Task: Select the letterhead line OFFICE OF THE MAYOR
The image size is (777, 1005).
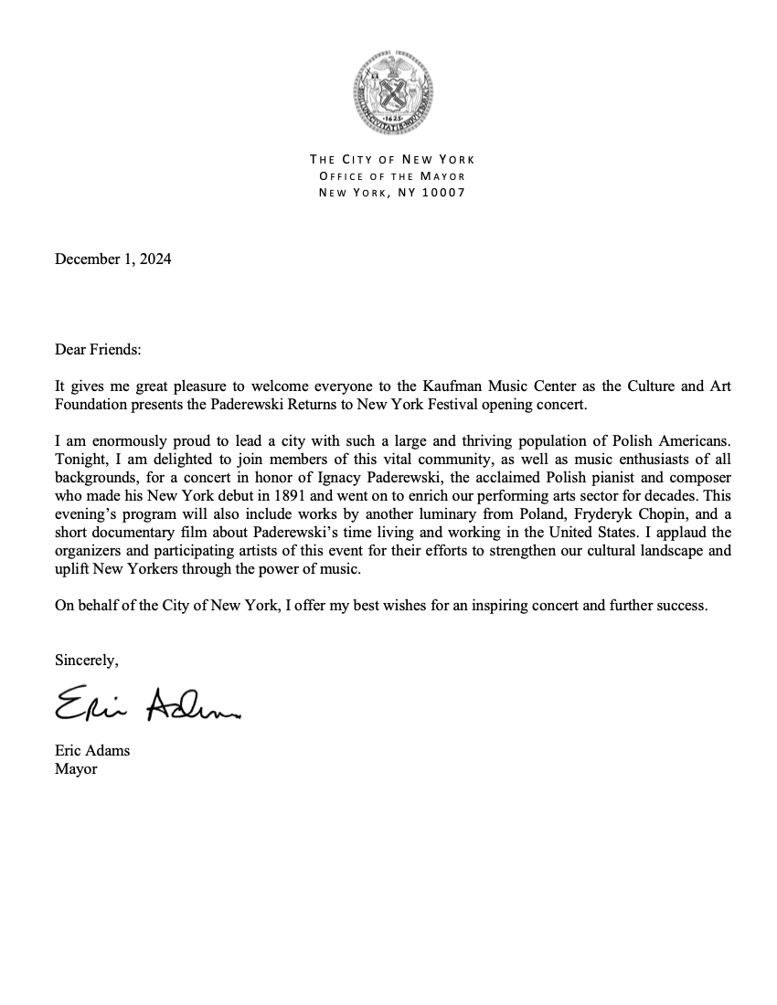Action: tap(392, 175)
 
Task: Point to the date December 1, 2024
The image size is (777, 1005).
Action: tap(112, 259)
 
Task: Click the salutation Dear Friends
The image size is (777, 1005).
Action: tap(99, 350)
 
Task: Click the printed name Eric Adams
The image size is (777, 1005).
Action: tap(92, 751)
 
